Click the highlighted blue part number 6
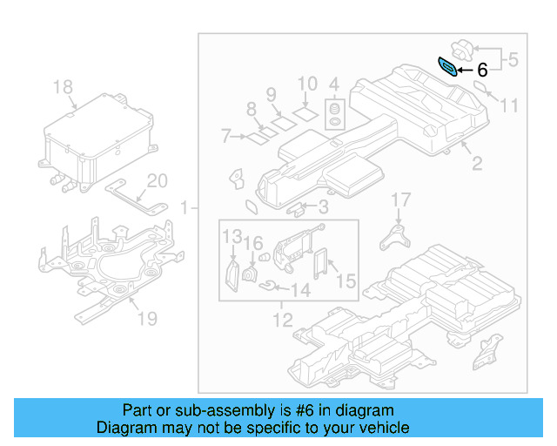tap(447, 67)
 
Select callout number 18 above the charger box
tap(62, 87)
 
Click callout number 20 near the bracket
tap(157, 181)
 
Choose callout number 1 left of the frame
tap(184, 208)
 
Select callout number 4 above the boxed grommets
tap(333, 84)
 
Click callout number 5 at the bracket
tap(513, 60)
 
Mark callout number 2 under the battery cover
tap(476, 163)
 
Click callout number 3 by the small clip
tap(323, 207)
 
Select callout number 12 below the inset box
tap(283, 321)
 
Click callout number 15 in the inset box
tap(346, 280)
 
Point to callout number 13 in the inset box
tap(231, 237)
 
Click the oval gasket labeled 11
tap(482, 87)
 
